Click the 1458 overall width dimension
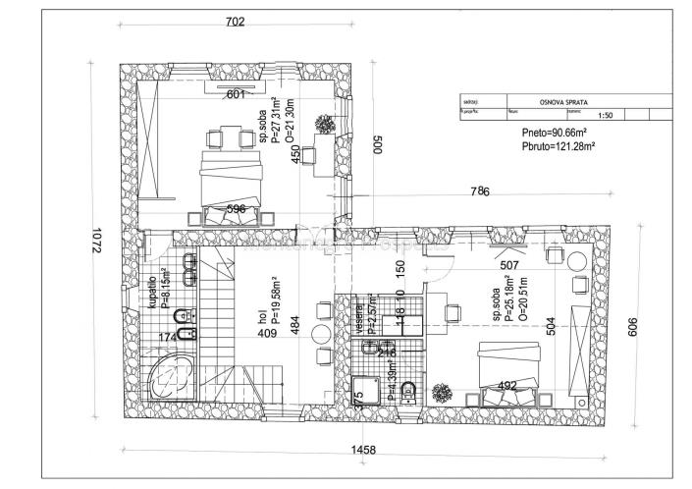[365, 450]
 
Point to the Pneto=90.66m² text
[555, 133]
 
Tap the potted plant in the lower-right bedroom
[442, 391]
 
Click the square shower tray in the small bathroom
[371, 393]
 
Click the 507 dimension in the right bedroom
[508, 263]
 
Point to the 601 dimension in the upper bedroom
[236, 94]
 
